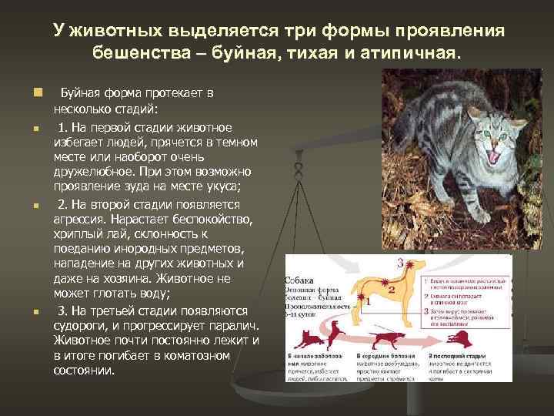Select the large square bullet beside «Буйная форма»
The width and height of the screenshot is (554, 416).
[36, 92]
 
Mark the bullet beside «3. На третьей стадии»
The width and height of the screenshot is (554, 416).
[36, 312]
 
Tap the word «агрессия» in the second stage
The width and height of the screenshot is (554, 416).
[83, 220]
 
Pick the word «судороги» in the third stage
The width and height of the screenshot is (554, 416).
[83, 324]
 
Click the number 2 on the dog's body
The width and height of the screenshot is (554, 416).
[392, 290]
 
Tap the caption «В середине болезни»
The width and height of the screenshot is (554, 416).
[381, 357]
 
